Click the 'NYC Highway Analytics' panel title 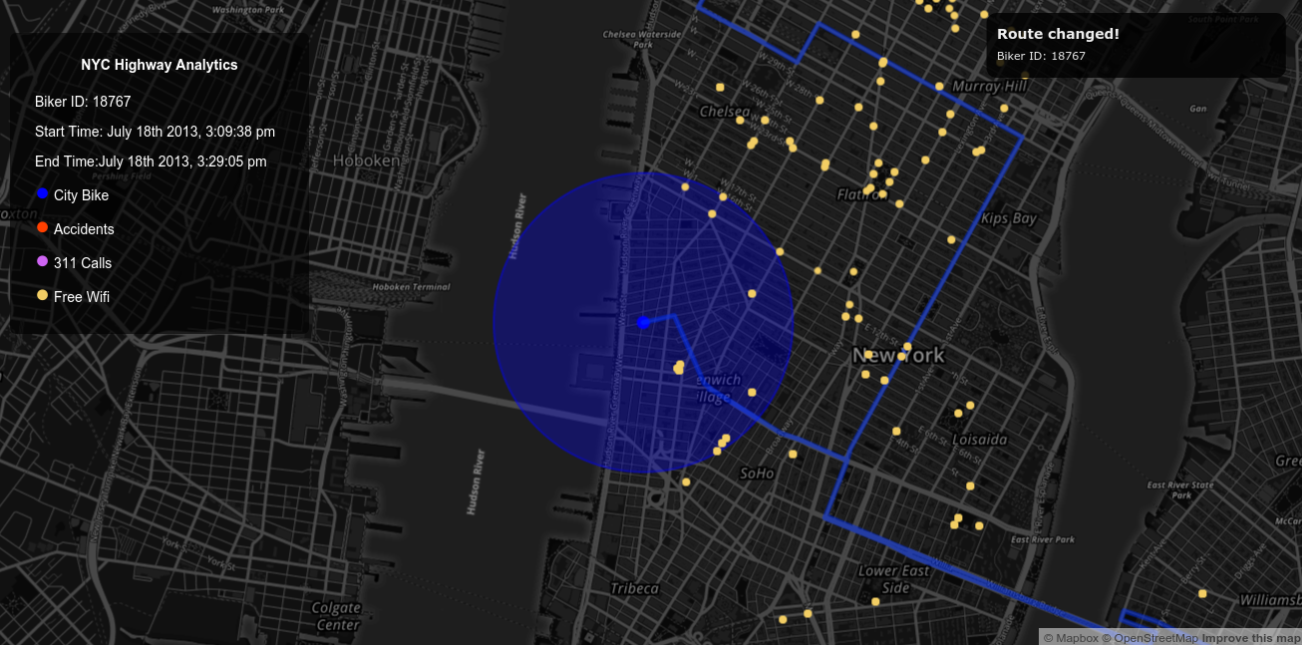click(x=160, y=65)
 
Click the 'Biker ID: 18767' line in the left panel click(x=83, y=102)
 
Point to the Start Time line click(x=155, y=132)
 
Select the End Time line click(x=151, y=161)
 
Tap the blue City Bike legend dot click(x=42, y=194)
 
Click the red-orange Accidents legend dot click(x=42, y=228)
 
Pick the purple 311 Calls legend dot click(x=42, y=262)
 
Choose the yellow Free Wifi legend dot click(x=42, y=296)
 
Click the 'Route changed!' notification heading click(x=1058, y=34)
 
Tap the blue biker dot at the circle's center click(x=643, y=322)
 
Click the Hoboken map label click(x=366, y=161)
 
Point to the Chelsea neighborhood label click(x=725, y=112)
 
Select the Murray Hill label click(x=989, y=87)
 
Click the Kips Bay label click(x=1009, y=218)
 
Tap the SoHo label click(x=757, y=474)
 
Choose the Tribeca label click(x=635, y=588)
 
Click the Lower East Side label click(x=895, y=579)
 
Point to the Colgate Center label click(x=336, y=616)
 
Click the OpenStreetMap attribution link click(x=1155, y=638)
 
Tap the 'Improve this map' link click(x=1250, y=638)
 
